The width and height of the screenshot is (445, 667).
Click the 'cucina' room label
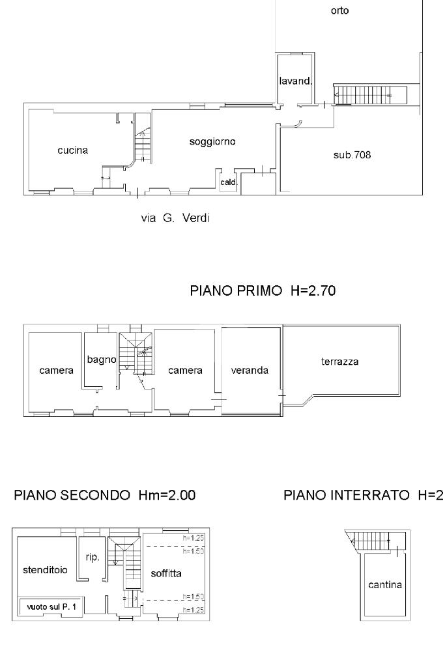(73, 150)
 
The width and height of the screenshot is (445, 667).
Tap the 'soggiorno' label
(212, 141)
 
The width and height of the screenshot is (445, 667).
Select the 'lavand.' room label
(296, 80)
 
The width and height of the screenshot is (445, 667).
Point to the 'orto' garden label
(339, 10)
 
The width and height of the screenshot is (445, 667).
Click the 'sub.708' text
(352, 155)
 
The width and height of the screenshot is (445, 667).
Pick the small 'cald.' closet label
(229, 182)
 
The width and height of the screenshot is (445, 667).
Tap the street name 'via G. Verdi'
(175, 218)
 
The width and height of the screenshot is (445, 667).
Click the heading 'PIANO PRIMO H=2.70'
(263, 291)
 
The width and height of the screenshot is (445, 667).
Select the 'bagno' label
(101, 360)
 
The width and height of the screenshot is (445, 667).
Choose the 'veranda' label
(250, 371)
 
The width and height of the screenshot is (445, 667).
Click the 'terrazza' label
(339, 362)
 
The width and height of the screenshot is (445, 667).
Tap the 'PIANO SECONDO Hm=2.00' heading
(105, 495)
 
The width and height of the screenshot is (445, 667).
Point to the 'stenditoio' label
(45, 570)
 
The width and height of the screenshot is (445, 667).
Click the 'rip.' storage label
(93, 558)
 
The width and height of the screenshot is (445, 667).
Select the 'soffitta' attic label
(166, 573)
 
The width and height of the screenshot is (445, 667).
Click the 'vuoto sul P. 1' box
(51, 607)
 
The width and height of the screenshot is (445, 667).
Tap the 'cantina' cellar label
(385, 585)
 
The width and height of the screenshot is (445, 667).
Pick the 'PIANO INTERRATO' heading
(347, 495)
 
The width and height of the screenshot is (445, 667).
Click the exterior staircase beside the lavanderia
(370, 94)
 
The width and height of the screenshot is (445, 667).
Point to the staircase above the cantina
(371, 540)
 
